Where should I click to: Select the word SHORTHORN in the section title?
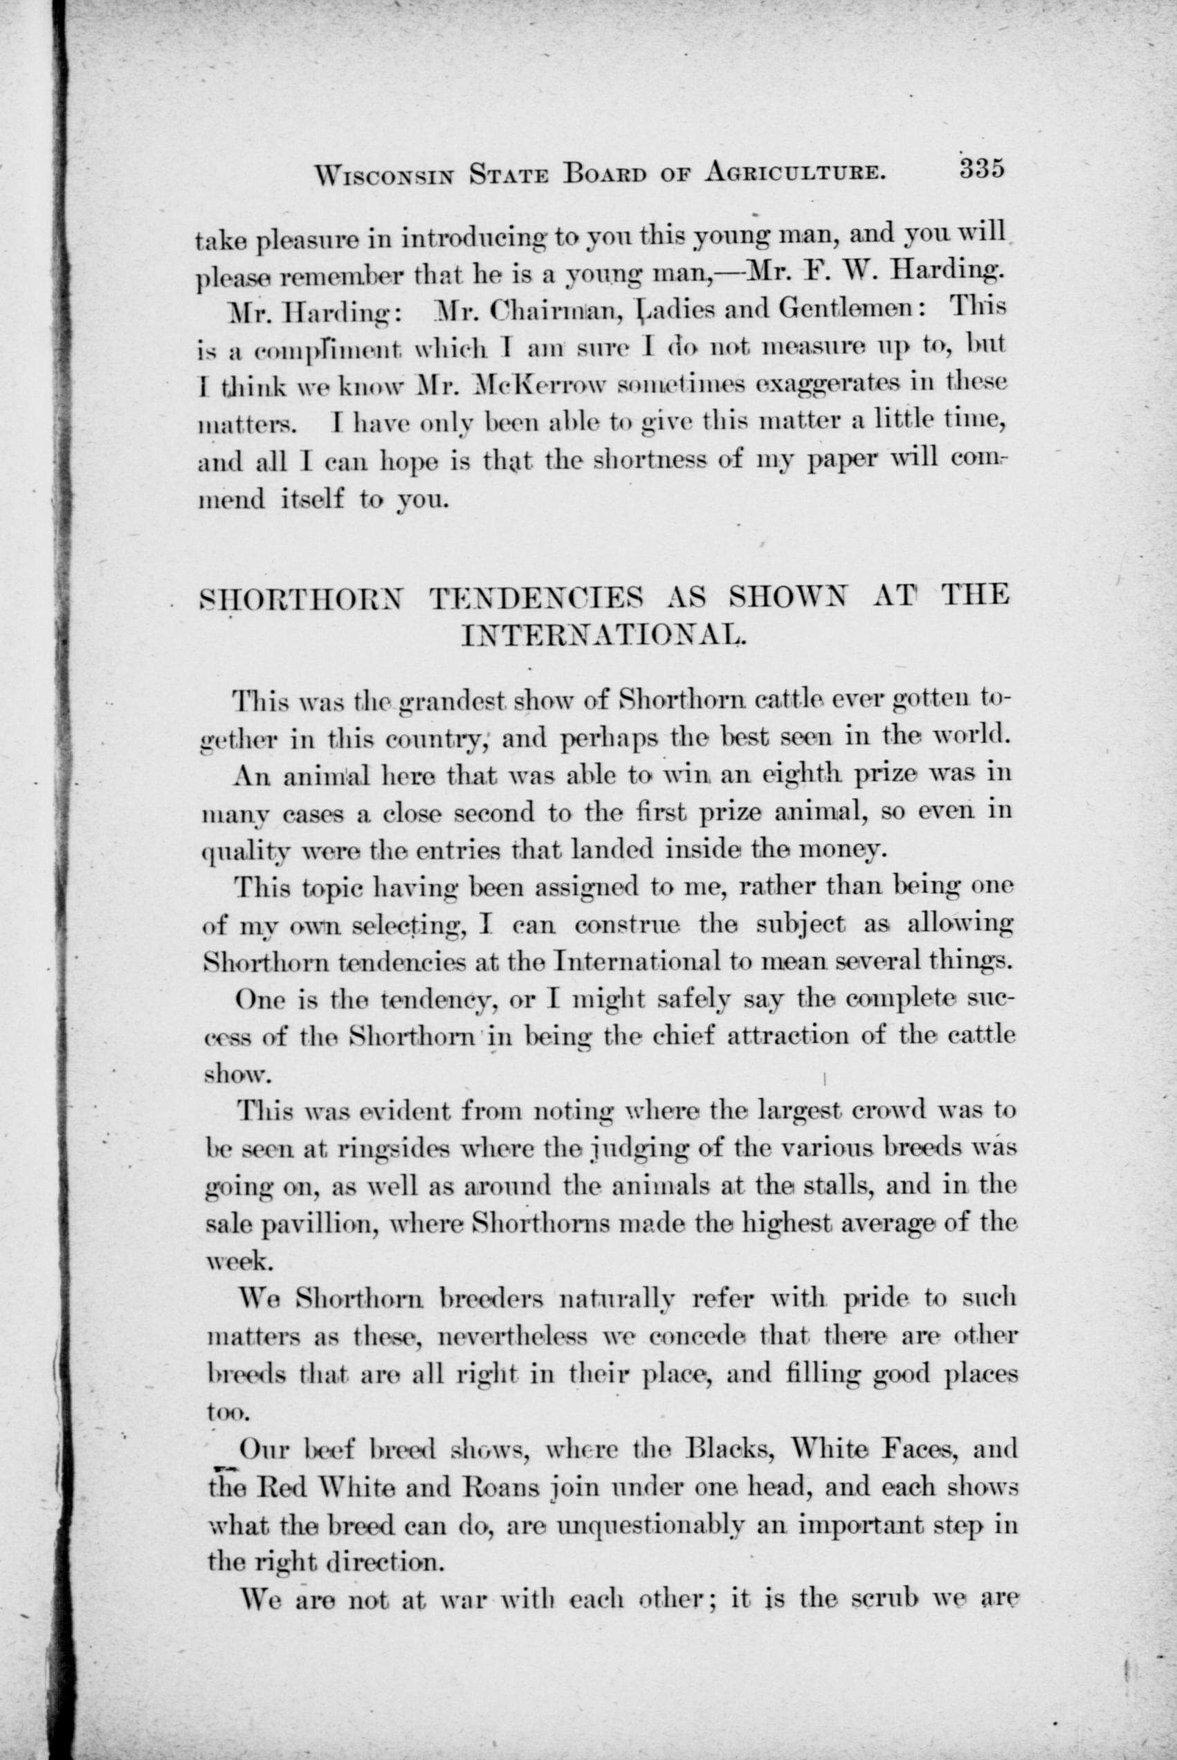click(x=303, y=598)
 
